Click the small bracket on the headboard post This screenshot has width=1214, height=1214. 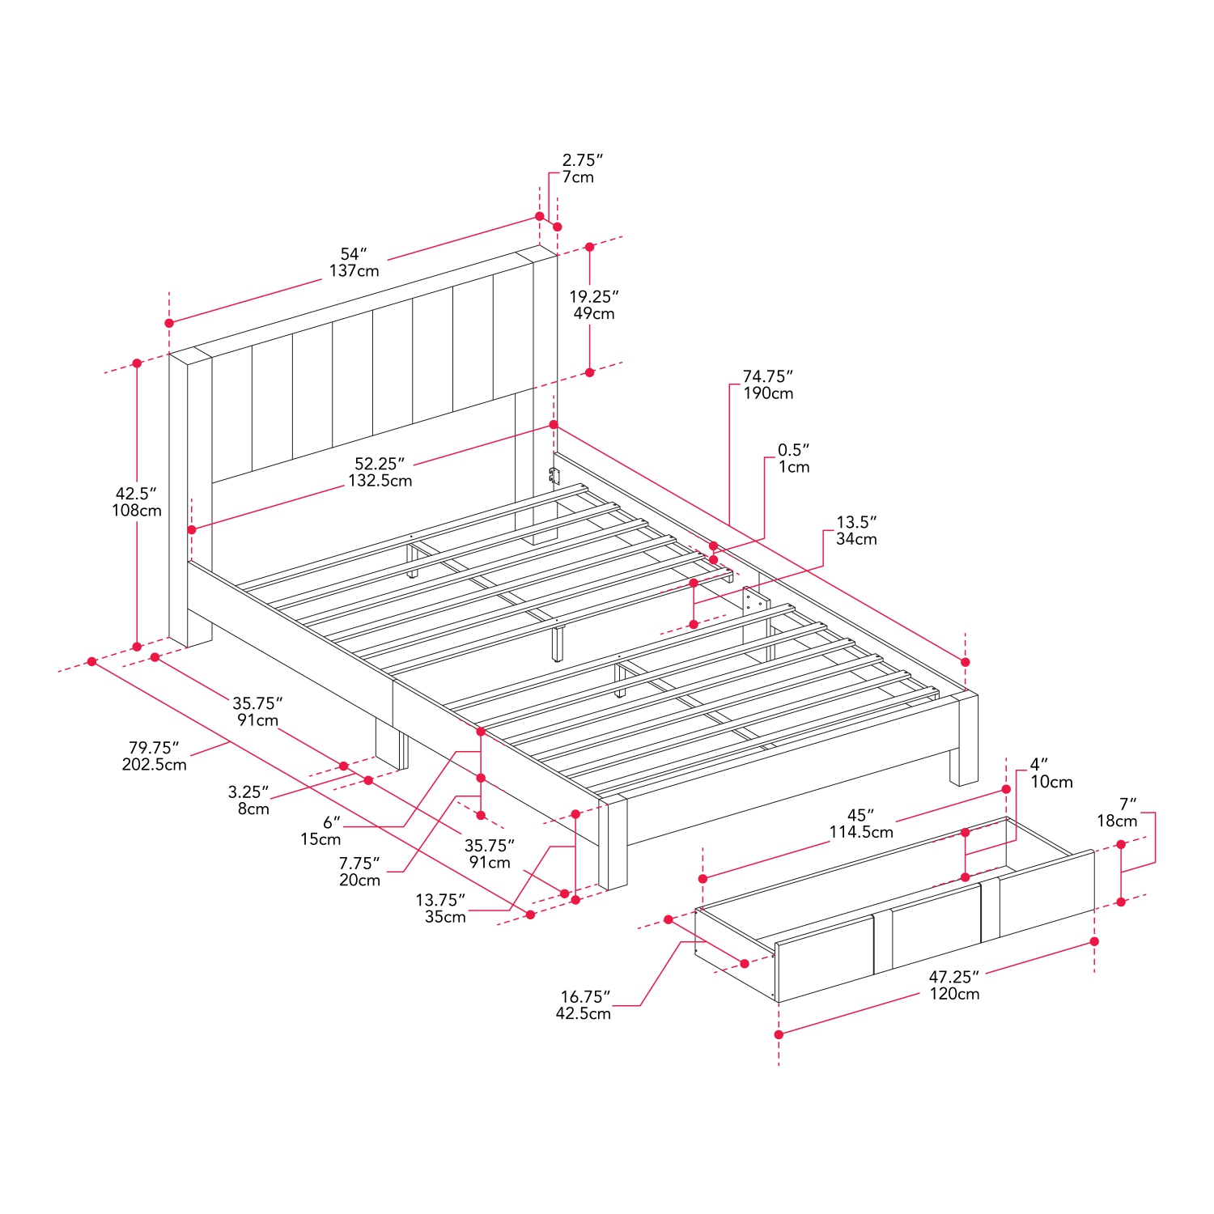tap(554, 476)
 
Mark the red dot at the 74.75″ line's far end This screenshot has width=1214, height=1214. tap(965, 662)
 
